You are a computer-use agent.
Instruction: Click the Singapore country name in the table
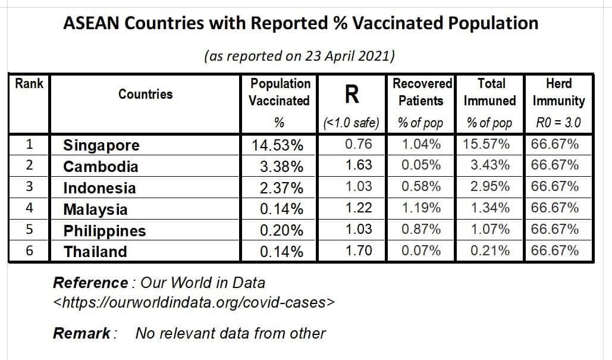(102, 146)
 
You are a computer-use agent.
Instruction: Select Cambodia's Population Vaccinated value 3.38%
(281, 167)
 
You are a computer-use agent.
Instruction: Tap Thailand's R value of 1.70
(359, 251)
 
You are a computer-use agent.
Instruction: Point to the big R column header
(351, 93)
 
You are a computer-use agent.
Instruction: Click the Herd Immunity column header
(558, 92)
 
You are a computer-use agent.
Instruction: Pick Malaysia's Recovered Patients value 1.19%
(421, 208)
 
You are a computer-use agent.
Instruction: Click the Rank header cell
(29, 84)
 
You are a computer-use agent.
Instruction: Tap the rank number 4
(29, 208)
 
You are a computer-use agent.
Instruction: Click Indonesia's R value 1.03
(359, 186)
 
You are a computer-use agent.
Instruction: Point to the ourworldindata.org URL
(194, 302)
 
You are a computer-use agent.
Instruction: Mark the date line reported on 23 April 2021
(300, 56)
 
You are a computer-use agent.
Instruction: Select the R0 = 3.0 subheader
(558, 124)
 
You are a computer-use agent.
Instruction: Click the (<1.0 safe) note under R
(351, 124)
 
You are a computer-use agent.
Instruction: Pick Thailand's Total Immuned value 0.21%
(489, 251)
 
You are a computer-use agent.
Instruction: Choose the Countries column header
(145, 94)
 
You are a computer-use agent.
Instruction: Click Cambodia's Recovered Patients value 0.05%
(421, 165)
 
